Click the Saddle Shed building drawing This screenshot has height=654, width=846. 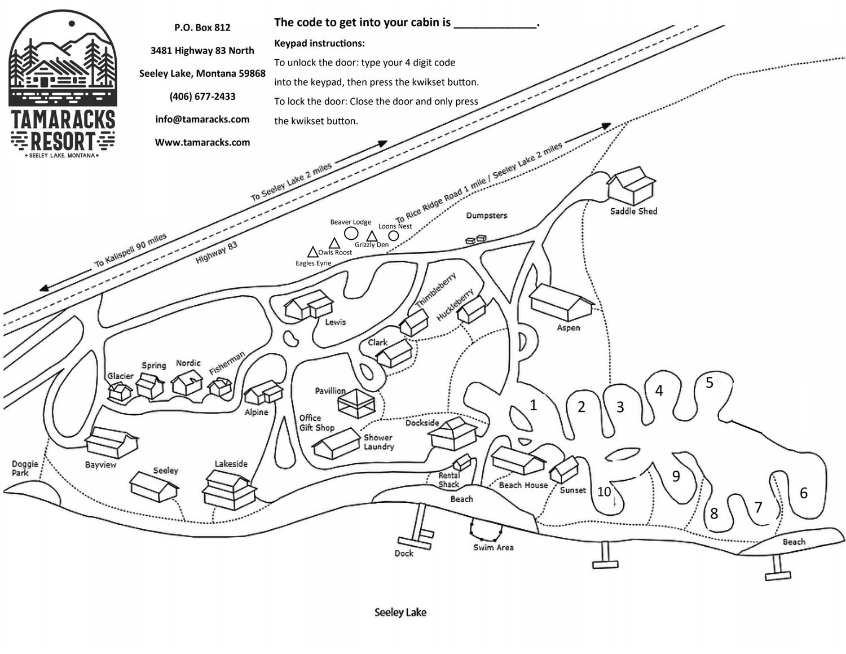[x=632, y=186]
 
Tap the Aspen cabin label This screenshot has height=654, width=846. [x=569, y=328]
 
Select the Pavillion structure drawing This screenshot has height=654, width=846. [x=356, y=403]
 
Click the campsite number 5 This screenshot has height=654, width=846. [x=710, y=383]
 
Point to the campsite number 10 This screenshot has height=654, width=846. [x=604, y=491]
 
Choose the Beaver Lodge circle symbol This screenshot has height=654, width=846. [x=351, y=233]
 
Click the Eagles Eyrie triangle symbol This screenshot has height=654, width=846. [x=312, y=252]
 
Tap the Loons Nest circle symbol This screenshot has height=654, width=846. [x=394, y=236]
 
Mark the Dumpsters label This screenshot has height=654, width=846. [x=487, y=216]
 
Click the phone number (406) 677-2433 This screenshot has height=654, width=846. [x=202, y=96]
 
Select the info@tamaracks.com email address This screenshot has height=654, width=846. [x=202, y=119]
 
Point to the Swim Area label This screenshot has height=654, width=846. [x=493, y=547]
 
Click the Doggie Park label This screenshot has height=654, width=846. [x=25, y=468]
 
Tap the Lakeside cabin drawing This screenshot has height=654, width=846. [x=230, y=490]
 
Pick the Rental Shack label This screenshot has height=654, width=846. [x=449, y=480]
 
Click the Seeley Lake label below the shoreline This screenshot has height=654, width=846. [x=400, y=612]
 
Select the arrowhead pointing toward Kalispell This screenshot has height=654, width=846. [x=44, y=288]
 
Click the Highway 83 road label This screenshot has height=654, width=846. [x=216, y=252]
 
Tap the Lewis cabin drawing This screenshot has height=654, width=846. [x=309, y=305]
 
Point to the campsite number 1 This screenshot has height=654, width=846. [x=534, y=405]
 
